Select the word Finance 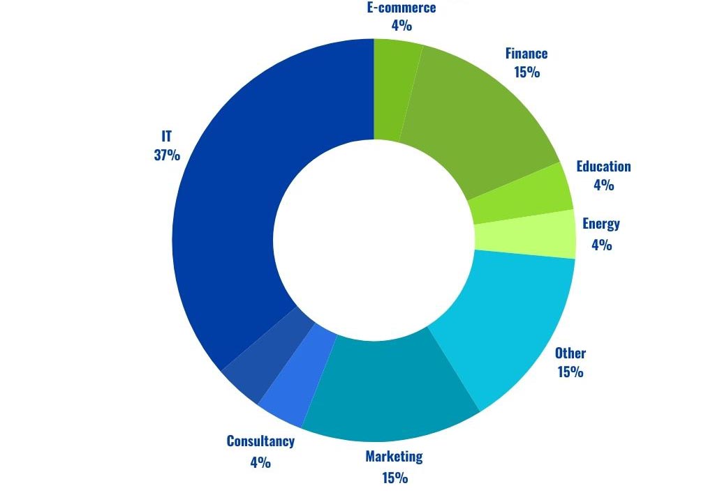526,54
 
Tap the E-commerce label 401,8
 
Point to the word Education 603,167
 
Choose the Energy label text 601,224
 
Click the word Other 570,353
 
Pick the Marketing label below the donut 394,457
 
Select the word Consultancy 260,441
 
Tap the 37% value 167,155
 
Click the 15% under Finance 526,72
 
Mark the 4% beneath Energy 601,245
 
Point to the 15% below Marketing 395,478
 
